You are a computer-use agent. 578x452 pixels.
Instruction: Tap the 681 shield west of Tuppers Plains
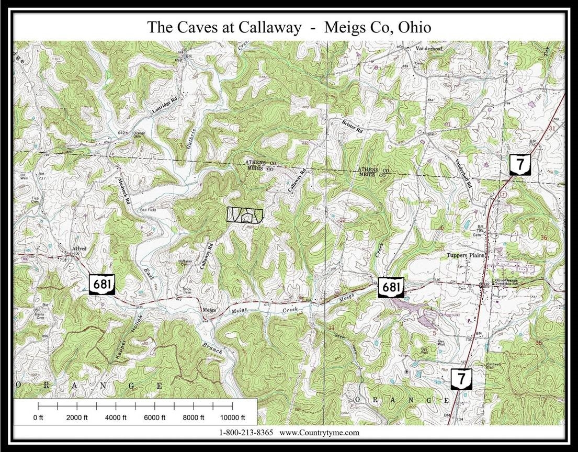pos(392,287)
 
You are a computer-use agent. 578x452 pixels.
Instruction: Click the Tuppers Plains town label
pos(466,255)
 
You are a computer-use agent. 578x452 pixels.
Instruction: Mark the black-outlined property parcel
pos(244,215)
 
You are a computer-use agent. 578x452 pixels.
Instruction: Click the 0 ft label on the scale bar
pos(39,417)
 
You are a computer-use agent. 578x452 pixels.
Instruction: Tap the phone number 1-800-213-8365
pos(246,433)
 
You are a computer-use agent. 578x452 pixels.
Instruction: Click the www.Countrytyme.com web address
pos(320,433)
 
